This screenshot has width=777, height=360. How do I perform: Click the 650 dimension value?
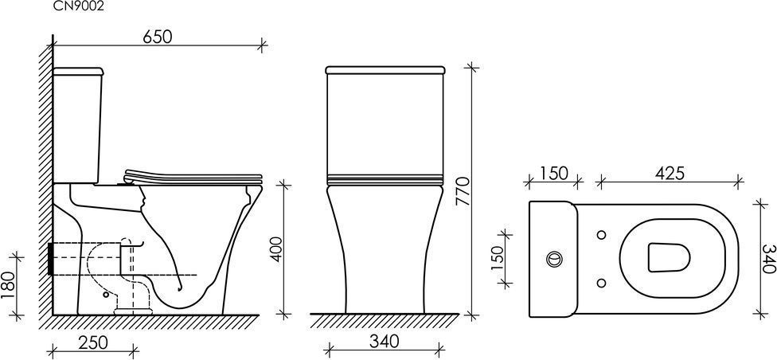pyautogui.click(x=158, y=37)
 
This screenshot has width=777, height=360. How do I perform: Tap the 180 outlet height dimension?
pyautogui.click(x=8, y=286)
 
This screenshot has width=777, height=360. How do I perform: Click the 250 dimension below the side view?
pyautogui.click(x=93, y=342)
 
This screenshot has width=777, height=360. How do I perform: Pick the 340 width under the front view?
pyautogui.click(x=384, y=342)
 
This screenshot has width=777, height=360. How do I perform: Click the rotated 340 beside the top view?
pyautogui.click(x=768, y=258)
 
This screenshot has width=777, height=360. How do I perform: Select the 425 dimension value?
pyautogui.click(x=670, y=174)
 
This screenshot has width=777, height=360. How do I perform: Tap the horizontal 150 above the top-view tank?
pyautogui.click(x=554, y=174)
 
